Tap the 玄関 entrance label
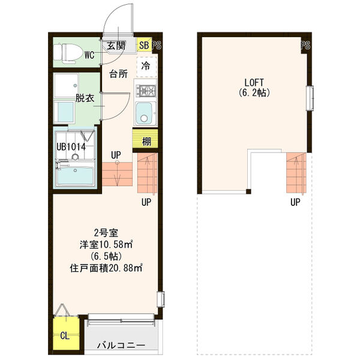[x=116, y=45]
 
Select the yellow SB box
[x=144, y=45]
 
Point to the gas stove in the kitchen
[x=146, y=91]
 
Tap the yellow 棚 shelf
[x=146, y=142]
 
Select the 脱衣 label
[x=84, y=98]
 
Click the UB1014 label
[x=71, y=146]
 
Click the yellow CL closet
[x=64, y=335]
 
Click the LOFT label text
[x=253, y=82]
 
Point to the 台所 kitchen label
[x=118, y=74]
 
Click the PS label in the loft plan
[x=305, y=45]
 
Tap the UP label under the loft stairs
[x=295, y=202]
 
